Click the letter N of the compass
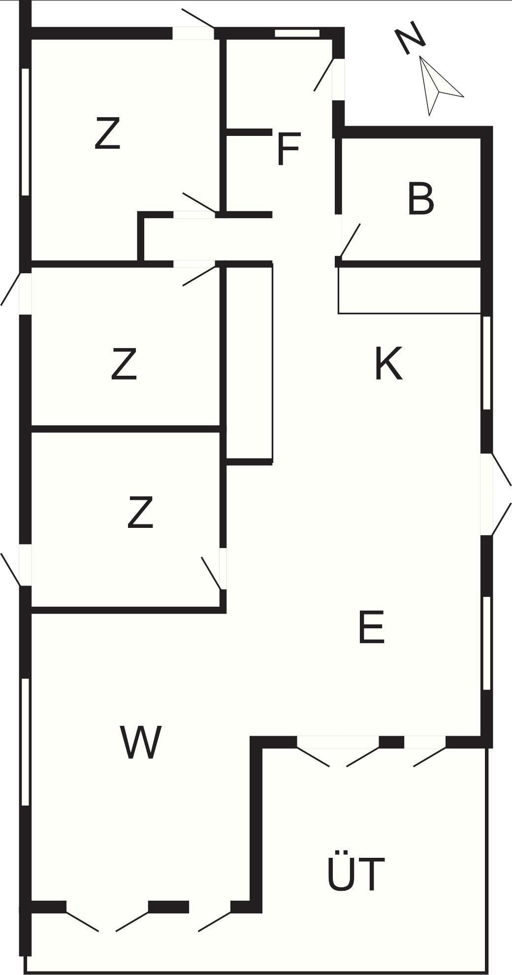point(411,38)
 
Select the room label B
point(421,199)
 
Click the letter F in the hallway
point(288,149)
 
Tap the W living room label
point(141,743)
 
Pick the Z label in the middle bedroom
point(124,363)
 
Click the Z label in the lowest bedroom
point(140,513)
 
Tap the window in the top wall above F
point(297,33)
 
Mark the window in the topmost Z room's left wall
point(26,132)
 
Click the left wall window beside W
point(26,742)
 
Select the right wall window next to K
point(487,363)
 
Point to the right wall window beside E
point(487,643)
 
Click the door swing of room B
point(350,240)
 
